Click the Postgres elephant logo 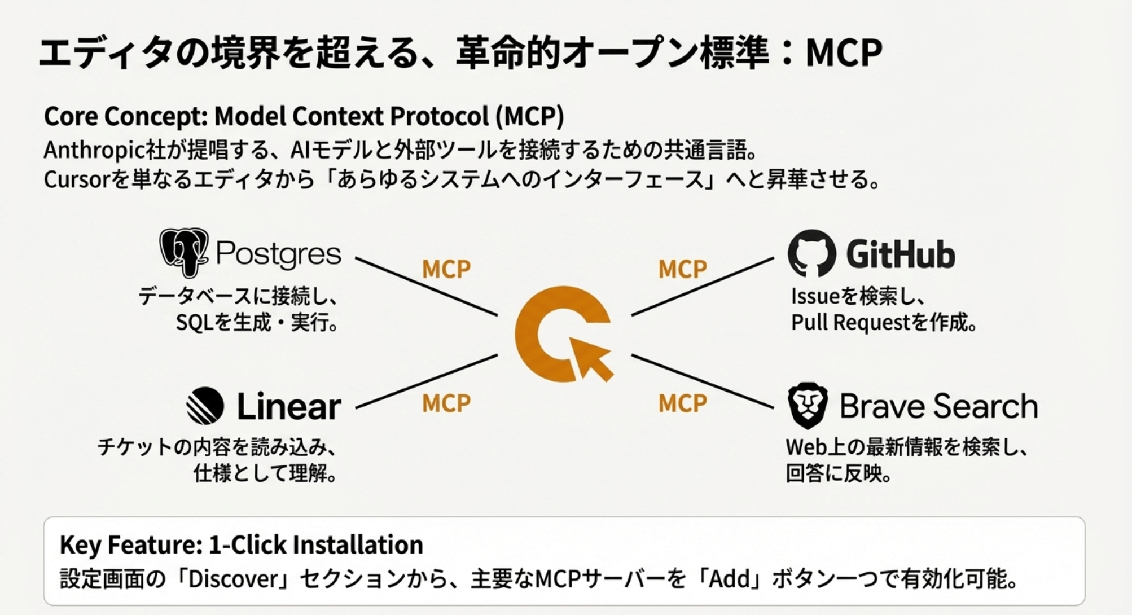[x=183, y=252]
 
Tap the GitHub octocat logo [x=811, y=253]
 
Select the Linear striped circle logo [x=205, y=406]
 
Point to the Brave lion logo [x=808, y=405]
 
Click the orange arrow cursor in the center [x=590, y=358]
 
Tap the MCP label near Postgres [x=446, y=269]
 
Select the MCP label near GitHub [x=682, y=269]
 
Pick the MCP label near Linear [x=446, y=403]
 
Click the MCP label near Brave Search [x=682, y=403]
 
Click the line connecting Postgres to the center [x=426, y=286]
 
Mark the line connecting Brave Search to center [x=703, y=381]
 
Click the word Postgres [x=279, y=254]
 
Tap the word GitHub [x=900, y=254]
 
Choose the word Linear [x=289, y=406]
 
